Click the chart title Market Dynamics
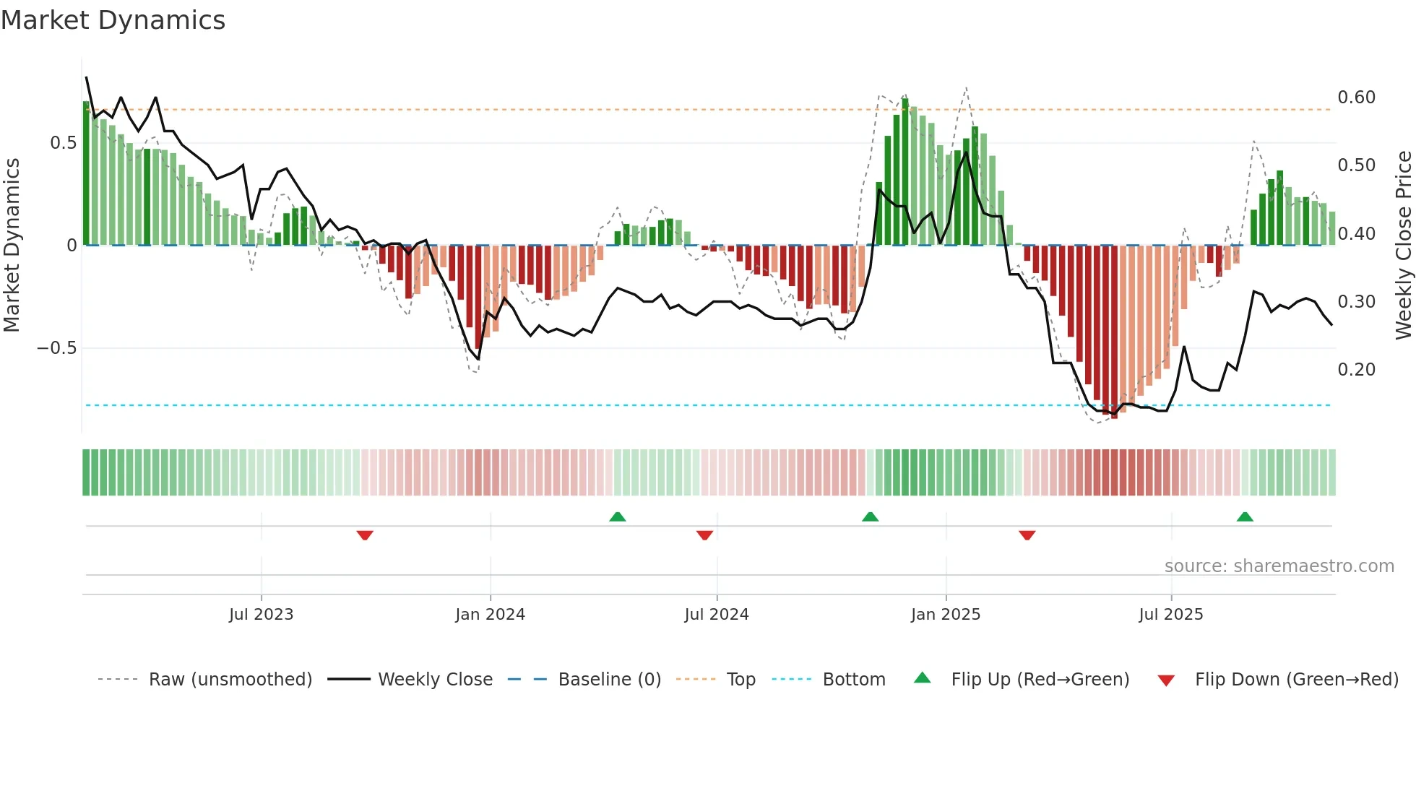(x=113, y=20)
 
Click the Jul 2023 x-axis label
(x=261, y=615)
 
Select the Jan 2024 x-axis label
(x=490, y=615)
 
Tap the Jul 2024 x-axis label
(x=716, y=615)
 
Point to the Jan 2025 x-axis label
(x=945, y=615)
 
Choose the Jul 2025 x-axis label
(x=1170, y=615)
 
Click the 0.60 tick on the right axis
(x=1356, y=98)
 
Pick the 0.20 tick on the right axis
(x=1356, y=370)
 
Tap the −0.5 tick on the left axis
(x=56, y=348)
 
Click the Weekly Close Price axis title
(x=1402, y=245)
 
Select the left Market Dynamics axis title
(x=12, y=245)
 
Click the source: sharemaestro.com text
(x=1279, y=566)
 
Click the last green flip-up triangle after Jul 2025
(x=1244, y=517)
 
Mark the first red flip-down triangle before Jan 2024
(x=365, y=535)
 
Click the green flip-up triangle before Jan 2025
(x=870, y=517)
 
